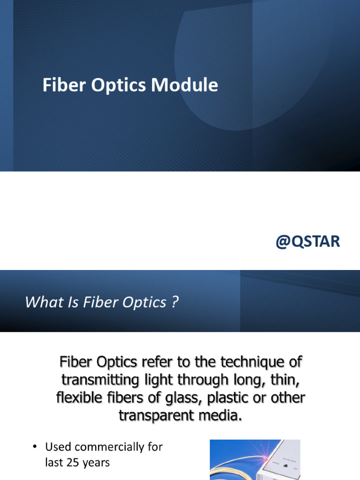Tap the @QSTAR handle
click(x=307, y=242)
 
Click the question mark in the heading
click(x=174, y=302)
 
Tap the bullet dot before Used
click(x=35, y=447)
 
